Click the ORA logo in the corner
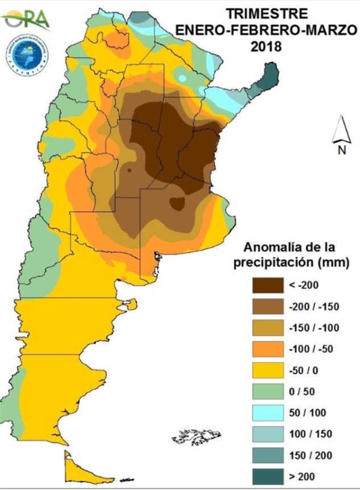25,20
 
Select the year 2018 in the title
266,46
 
